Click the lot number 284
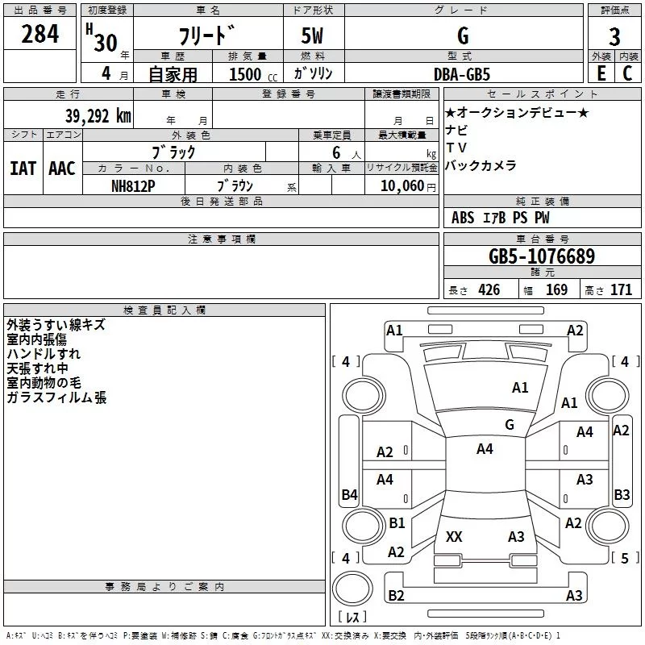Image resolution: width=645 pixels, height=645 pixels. coord(40,34)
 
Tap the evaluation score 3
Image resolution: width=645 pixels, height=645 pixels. coord(614,37)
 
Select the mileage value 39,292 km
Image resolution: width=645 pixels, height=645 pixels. coord(98,116)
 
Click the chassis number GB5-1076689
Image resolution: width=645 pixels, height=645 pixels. coord(542,256)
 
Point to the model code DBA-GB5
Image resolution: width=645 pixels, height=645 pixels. coord(462,74)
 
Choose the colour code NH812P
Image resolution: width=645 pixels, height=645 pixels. coord(133,186)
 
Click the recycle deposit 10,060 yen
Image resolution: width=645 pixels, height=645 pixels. coord(408,186)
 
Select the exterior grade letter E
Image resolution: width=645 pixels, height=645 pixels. coord(601,73)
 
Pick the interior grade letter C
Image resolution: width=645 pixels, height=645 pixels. coord(627,73)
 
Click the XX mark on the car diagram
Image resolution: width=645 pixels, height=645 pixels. coord(454,537)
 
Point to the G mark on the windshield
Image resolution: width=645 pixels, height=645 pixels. coord(510,425)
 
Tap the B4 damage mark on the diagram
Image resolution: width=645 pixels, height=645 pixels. coord(350,494)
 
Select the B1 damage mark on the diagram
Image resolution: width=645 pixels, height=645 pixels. coord(397,522)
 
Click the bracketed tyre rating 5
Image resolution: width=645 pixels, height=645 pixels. coord(626,558)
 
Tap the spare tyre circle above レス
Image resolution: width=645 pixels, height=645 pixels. coord(352,589)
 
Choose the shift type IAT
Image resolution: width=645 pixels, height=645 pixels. coord(23,169)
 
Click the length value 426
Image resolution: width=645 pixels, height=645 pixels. coord(489,289)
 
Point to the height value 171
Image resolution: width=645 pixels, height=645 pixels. coord(621,289)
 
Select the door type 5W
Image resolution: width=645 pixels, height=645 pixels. coord(312,35)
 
